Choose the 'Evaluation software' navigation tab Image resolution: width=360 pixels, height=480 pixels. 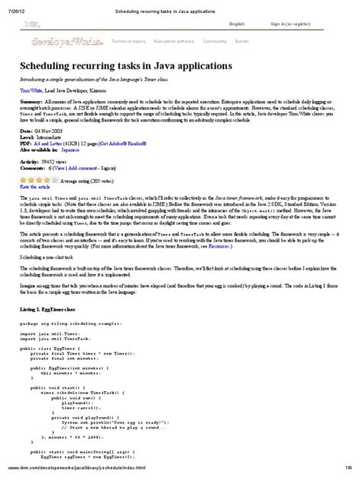pos(174,41)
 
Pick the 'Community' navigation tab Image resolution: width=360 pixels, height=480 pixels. pos(215,41)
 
